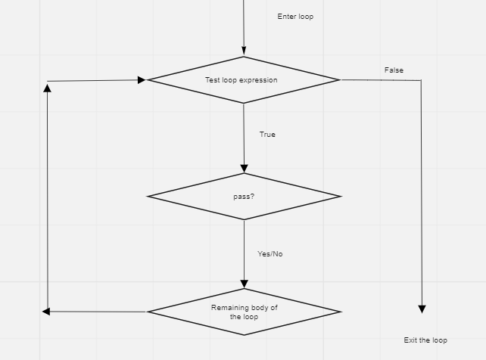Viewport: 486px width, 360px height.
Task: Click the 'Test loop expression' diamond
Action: point(243,79)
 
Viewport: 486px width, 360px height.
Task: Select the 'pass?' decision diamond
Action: point(244,197)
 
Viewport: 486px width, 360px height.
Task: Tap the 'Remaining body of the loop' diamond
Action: point(244,312)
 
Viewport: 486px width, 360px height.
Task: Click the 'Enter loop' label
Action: point(295,17)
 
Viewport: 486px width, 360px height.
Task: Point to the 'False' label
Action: point(394,70)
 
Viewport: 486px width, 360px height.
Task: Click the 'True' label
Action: point(267,135)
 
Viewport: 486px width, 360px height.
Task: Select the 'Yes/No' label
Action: point(269,254)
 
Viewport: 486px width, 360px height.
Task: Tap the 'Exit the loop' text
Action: point(425,340)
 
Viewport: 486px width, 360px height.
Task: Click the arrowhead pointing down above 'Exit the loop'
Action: point(422,309)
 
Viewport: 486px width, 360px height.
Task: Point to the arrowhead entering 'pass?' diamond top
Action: point(244,169)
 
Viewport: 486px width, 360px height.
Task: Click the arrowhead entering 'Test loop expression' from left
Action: point(142,79)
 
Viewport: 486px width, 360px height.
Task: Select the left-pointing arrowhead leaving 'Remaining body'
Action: point(46,312)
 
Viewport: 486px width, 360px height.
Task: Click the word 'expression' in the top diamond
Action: point(258,79)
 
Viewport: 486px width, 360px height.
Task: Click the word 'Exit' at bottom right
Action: point(410,340)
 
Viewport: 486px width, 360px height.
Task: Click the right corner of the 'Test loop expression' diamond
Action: point(338,79)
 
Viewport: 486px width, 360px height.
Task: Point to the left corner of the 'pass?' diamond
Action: point(149,197)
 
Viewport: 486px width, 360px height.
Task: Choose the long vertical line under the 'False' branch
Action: point(421,189)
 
